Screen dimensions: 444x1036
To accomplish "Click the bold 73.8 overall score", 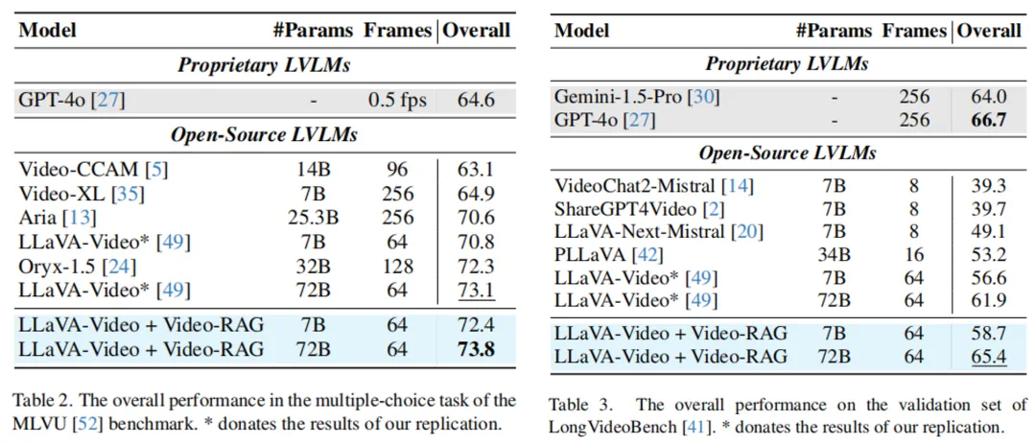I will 476,349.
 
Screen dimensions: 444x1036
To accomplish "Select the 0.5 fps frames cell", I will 397,99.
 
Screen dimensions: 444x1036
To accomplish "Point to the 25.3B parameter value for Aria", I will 314,219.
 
